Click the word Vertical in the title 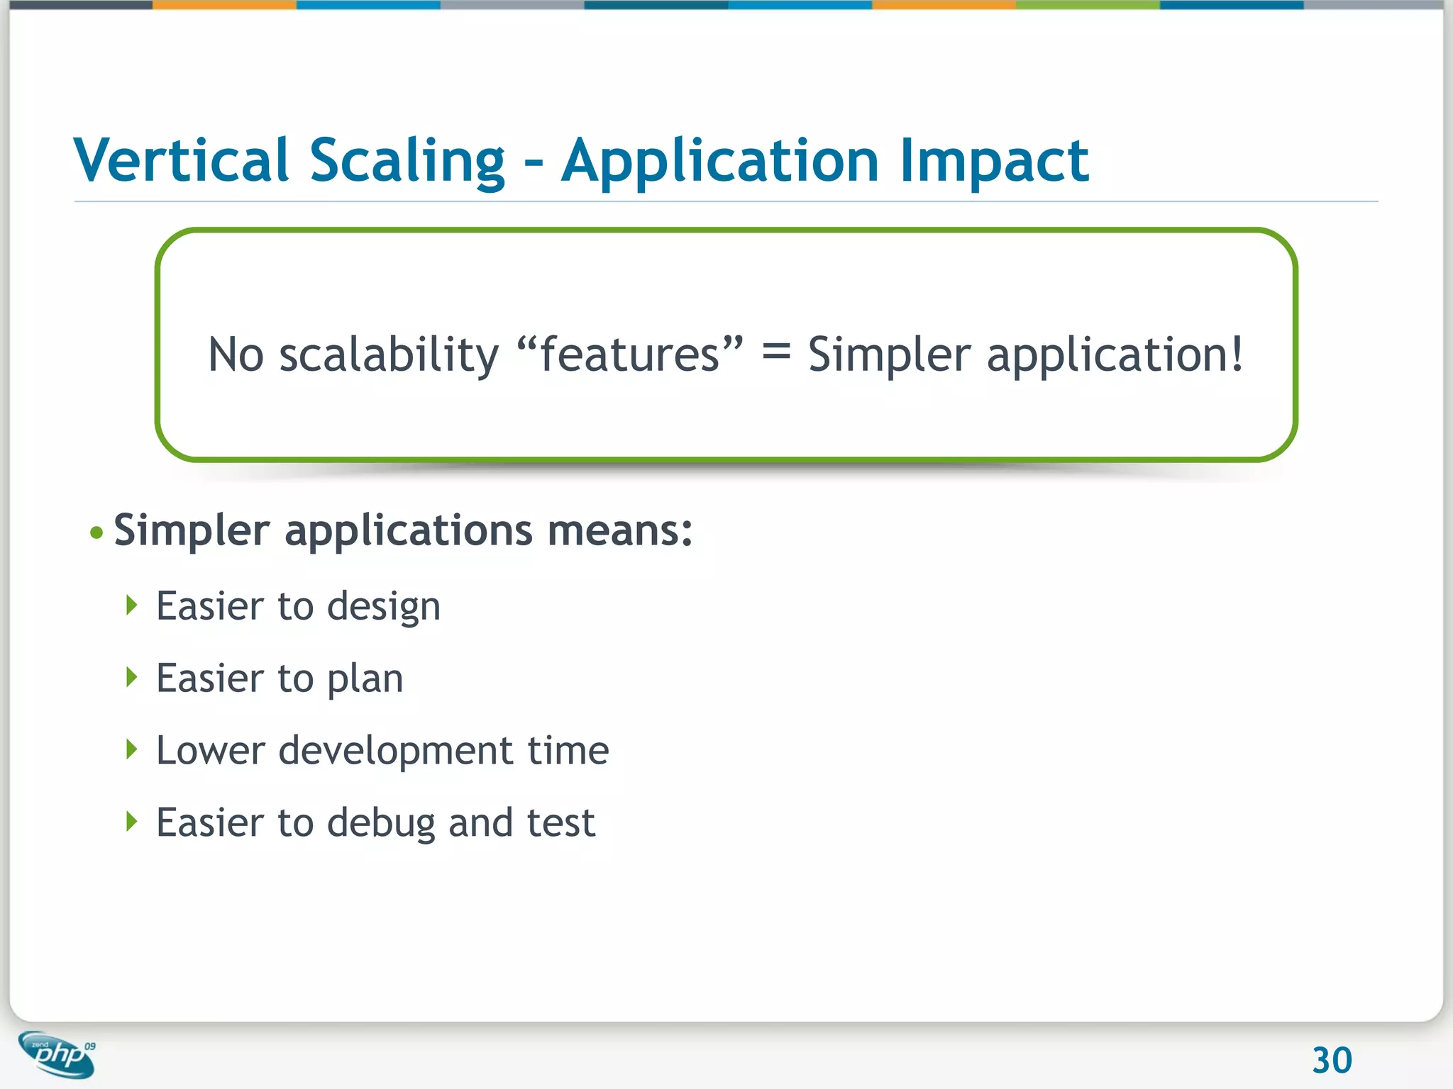(x=181, y=160)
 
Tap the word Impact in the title (x=994, y=162)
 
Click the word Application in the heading (x=720, y=162)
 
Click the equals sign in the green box (x=775, y=350)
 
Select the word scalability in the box (x=389, y=354)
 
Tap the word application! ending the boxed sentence (x=1115, y=354)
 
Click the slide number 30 (x=1332, y=1061)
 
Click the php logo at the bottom (x=58, y=1055)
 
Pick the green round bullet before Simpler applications (x=97, y=532)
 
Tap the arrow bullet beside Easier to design (x=131, y=605)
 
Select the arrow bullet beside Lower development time (x=131, y=749)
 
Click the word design (x=383, y=608)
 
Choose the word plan (x=365, y=680)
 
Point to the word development (x=395, y=752)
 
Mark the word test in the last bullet (x=560, y=823)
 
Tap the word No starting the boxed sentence (x=236, y=354)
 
